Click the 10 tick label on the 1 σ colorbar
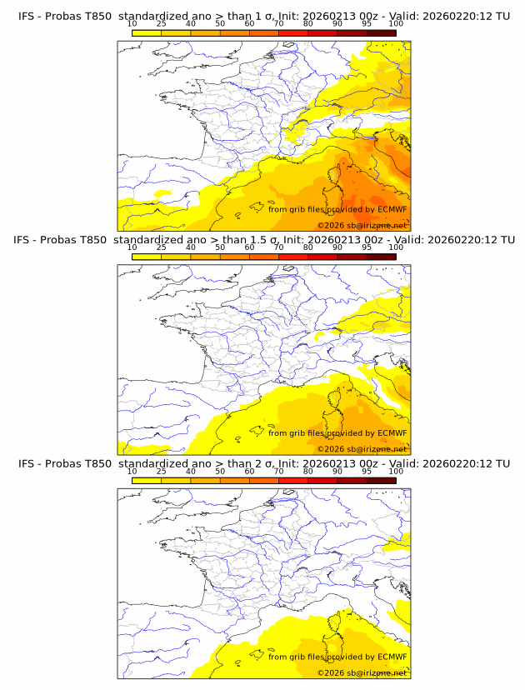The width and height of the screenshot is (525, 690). pos(132,24)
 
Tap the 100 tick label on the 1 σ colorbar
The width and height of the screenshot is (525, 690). pos(396,24)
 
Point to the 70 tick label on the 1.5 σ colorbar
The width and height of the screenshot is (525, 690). pos(278,247)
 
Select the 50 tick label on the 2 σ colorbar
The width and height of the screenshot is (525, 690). pos(220,471)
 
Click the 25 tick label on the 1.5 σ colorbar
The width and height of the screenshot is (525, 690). pos(161,247)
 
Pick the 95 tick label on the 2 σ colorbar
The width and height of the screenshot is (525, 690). pos(367,471)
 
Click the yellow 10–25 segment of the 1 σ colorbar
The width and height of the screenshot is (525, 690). pos(147,32)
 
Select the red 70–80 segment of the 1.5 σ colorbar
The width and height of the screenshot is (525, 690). pos(293,256)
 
